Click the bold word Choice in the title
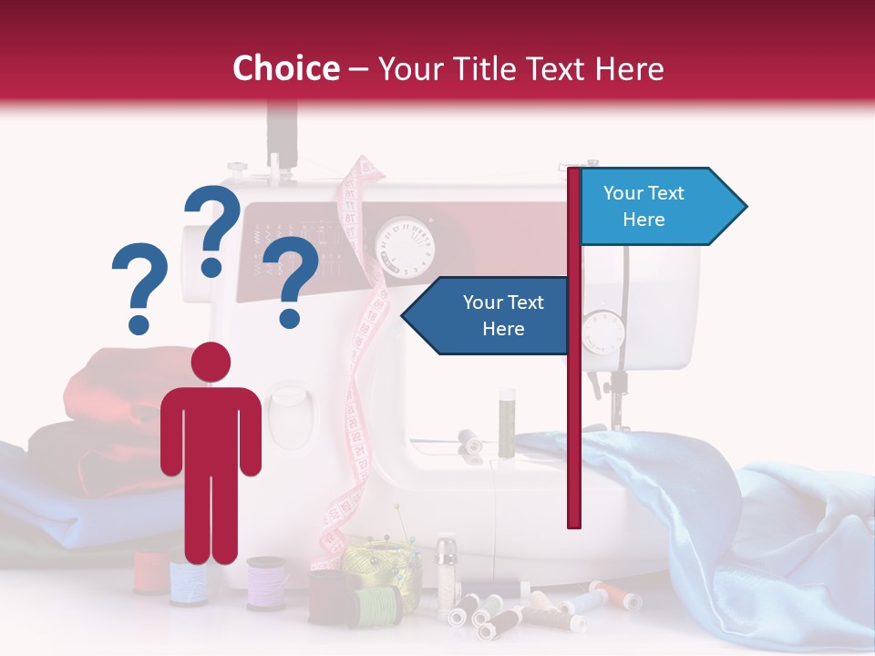click(x=285, y=68)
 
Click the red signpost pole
click(x=574, y=410)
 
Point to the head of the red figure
click(x=211, y=362)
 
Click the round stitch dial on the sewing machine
click(x=406, y=244)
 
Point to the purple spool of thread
click(x=267, y=582)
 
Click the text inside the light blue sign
click(x=643, y=206)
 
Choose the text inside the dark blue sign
click(x=502, y=315)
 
